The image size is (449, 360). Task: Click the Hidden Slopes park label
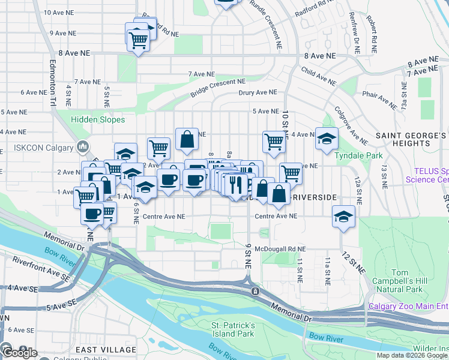coord(98,119)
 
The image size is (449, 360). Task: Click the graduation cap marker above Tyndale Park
coord(327,139)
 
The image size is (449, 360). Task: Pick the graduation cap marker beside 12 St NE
coord(343,217)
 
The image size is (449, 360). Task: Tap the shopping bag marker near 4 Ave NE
coord(187,139)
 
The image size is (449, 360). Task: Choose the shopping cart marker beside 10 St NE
coord(274,142)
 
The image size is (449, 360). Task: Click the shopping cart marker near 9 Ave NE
coord(138,40)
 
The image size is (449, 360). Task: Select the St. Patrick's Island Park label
coord(233,329)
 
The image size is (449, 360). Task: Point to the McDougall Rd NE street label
coord(280,248)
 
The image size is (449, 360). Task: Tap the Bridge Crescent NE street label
coord(218,88)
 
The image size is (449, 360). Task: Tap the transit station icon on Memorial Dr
coord(256,291)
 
